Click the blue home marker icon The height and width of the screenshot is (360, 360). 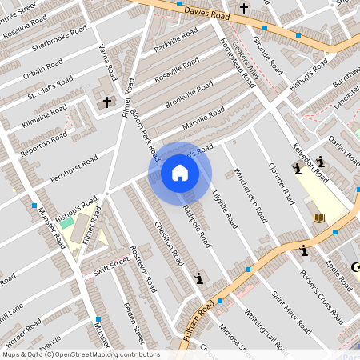tap(180, 172)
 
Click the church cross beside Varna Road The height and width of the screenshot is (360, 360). tap(107, 102)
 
